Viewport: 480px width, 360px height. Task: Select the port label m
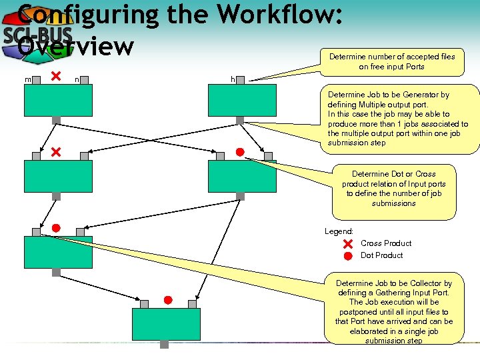tap(28, 80)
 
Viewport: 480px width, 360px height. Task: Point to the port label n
tap(77, 80)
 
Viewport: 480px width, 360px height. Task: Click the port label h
tap(233, 80)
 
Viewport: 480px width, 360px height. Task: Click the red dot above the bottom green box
tap(169, 299)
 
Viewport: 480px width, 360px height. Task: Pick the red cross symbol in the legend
tap(347, 244)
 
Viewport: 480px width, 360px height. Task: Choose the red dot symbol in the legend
tap(347, 256)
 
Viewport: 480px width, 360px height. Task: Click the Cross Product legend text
tap(386, 243)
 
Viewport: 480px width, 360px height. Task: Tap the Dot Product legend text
tap(382, 255)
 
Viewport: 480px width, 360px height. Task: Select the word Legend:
tap(339, 231)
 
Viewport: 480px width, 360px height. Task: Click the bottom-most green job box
tap(165, 325)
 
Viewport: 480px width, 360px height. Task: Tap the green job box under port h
tap(241, 101)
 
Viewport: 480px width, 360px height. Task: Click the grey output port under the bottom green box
tap(164, 345)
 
